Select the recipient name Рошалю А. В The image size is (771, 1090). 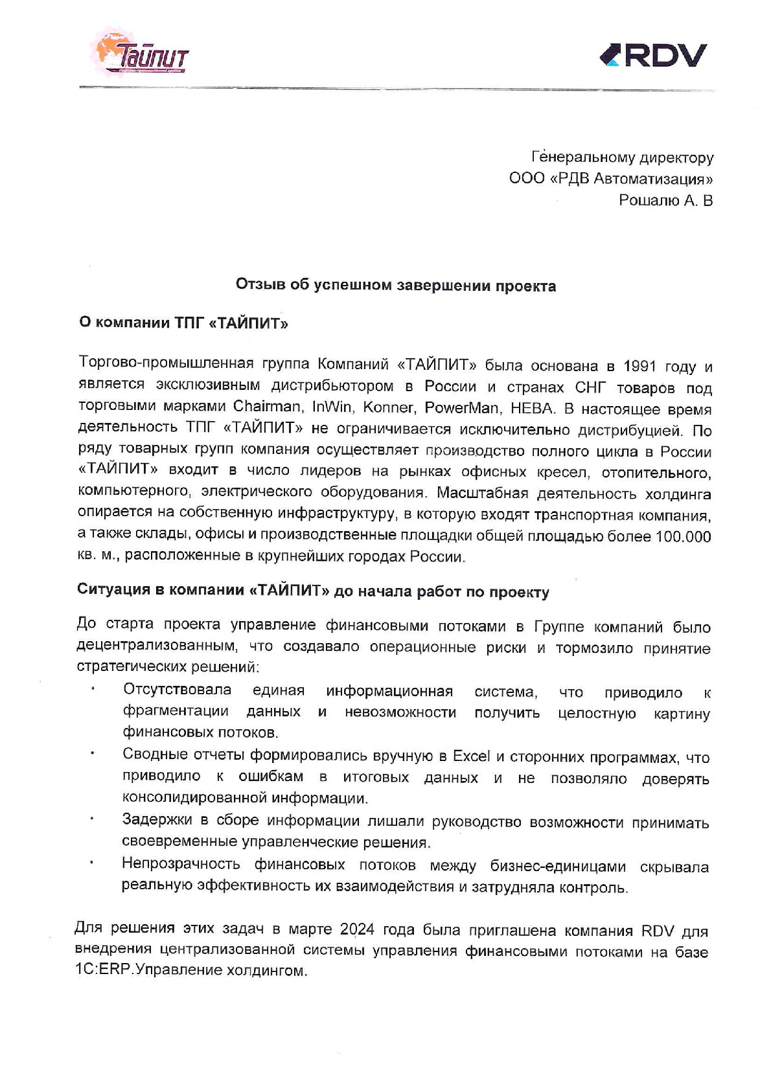[665, 201]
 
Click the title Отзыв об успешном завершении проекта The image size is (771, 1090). [395, 286]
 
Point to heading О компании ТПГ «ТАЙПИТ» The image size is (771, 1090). [183, 323]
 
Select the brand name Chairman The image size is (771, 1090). [267, 407]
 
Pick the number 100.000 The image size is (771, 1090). [683, 537]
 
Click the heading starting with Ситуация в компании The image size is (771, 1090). [313, 591]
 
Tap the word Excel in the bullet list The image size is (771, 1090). [471, 756]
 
